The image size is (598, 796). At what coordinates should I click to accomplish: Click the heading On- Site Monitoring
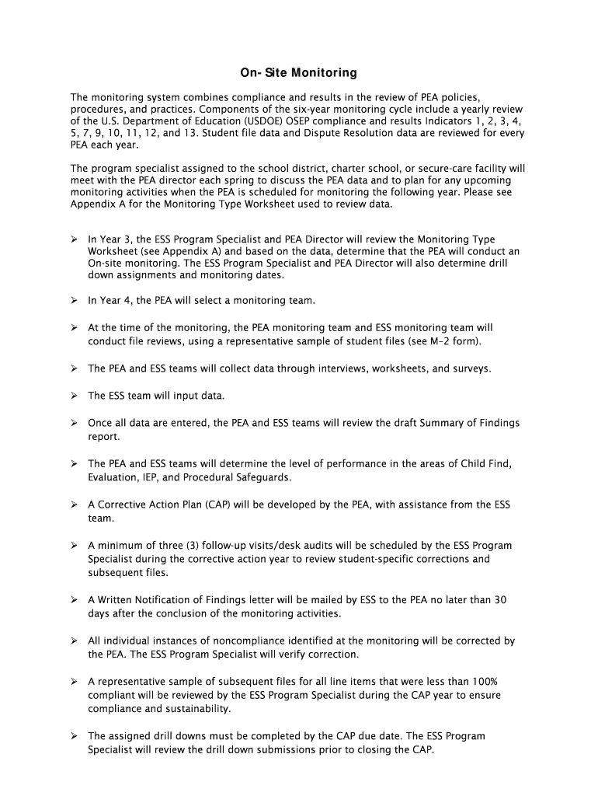(298, 73)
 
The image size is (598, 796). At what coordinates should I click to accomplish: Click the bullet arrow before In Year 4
(75, 300)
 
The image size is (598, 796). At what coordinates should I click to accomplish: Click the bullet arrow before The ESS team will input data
(75, 396)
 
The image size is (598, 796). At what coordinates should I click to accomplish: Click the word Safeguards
(264, 477)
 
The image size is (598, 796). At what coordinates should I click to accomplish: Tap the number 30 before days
(500, 600)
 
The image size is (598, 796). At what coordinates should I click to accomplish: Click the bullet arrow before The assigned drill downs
(75, 735)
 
